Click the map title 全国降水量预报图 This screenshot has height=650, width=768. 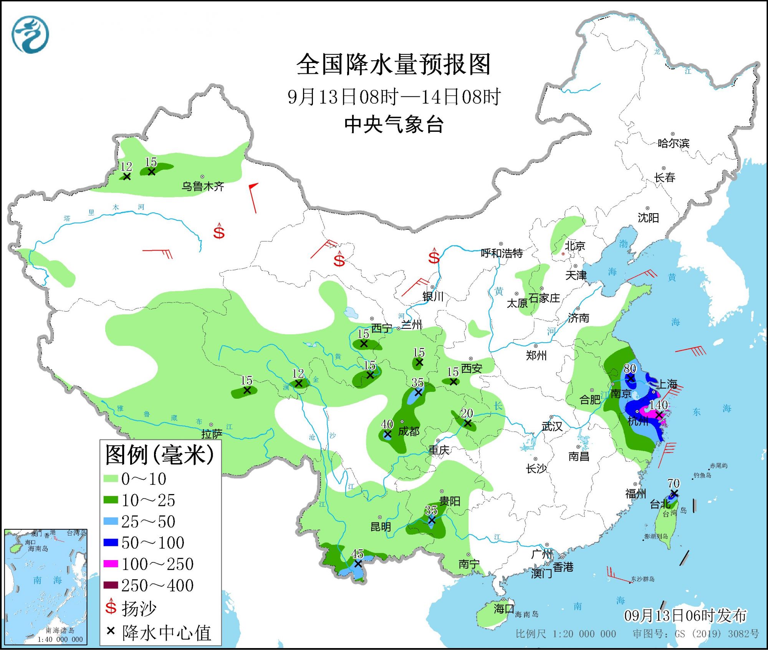point(394,65)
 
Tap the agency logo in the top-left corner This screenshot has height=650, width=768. point(30,35)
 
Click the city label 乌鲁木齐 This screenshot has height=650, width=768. point(203,186)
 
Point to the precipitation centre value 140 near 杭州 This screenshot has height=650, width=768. point(658,405)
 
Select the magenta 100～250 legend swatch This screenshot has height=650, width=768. point(111,564)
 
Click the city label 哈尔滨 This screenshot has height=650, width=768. point(673,143)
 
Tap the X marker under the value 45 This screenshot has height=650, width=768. point(358,564)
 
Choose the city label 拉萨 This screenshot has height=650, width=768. point(212,434)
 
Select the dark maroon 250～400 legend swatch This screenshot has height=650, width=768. point(111,585)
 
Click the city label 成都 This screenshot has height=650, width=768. point(409,431)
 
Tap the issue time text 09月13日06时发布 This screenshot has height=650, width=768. point(685,615)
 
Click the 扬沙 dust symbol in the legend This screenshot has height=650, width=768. point(111,607)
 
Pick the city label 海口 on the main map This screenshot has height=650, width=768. point(504,609)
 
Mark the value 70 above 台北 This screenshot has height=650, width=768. point(674,483)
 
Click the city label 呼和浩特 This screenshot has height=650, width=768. point(502,253)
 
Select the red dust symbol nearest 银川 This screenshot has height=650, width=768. point(434,256)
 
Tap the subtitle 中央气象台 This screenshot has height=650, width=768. point(394,124)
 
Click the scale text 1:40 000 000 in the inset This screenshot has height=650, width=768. point(60,639)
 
